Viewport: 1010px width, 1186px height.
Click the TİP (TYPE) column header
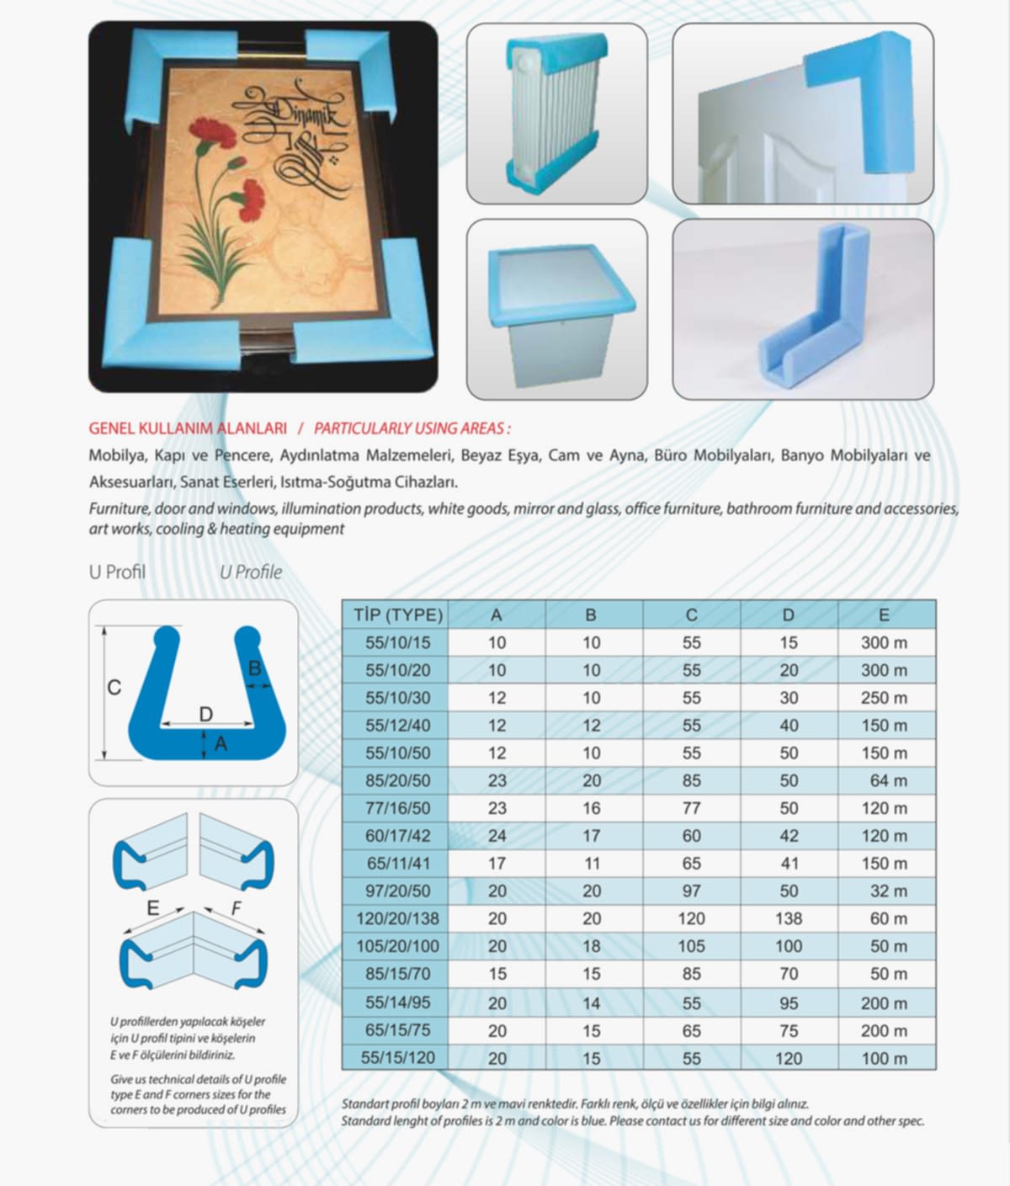[x=397, y=614]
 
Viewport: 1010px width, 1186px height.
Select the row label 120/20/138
[x=397, y=918]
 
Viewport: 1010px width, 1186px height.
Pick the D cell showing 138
[x=788, y=918]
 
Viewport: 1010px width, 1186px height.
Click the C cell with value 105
[x=691, y=946]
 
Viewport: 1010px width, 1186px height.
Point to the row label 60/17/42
[x=397, y=836]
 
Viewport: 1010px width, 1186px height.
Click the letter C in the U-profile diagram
[x=114, y=688]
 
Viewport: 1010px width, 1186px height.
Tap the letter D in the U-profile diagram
[x=205, y=715]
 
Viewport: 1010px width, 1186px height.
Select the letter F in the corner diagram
[x=237, y=908]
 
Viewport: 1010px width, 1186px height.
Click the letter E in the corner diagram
[x=152, y=907]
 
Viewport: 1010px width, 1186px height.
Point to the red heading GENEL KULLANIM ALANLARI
[x=188, y=428]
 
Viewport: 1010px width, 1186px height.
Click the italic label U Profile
[x=251, y=572]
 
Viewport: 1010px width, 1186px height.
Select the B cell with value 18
[x=591, y=946]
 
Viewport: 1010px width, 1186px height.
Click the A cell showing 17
[x=497, y=864]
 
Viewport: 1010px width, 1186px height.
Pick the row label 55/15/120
[x=397, y=1058]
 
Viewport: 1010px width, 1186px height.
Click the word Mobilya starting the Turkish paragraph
[x=117, y=456]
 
